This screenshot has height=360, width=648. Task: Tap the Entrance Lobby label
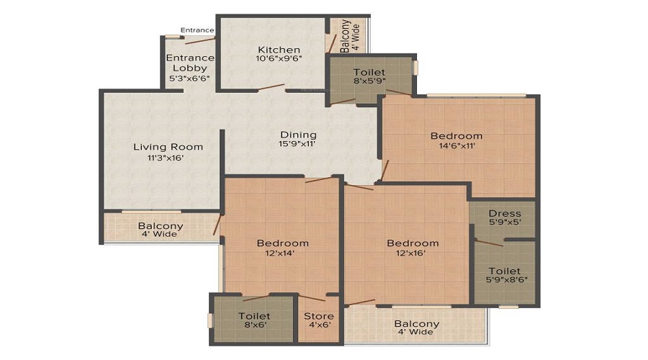pyautogui.click(x=189, y=63)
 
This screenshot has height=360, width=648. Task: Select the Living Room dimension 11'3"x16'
pyautogui.click(x=168, y=158)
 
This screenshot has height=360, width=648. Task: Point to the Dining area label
pyautogui.click(x=298, y=135)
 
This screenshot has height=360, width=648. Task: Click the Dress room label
pyautogui.click(x=504, y=214)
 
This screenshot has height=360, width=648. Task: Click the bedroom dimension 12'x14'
pyautogui.click(x=282, y=253)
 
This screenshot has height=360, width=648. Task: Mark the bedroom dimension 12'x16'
pyautogui.click(x=412, y=253)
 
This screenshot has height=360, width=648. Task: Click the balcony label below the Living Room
pyautogui.click(x=161, y=226)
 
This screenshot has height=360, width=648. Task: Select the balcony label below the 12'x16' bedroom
pyautogui.click(x=416, y=324)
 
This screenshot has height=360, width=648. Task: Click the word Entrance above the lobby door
pyautogui.click(x=197, y=30)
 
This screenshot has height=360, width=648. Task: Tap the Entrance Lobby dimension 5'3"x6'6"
pyautogui.click(x=189, y=78)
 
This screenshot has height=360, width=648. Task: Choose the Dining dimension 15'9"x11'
pyautogui.click(x=298, y=145)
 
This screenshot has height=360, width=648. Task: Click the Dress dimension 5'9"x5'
pyautogui.click(x=504, y=223)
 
